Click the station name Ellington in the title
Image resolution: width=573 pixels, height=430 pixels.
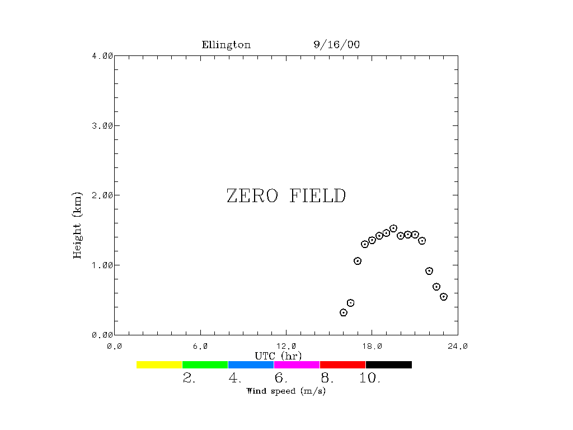point(226,45)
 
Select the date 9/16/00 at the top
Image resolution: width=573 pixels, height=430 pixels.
point(337,45)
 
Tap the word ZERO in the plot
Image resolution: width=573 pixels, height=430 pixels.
point(252,196)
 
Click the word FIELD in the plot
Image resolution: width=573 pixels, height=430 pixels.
point(318,196)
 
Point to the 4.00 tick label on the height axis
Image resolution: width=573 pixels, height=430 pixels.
point(103,56)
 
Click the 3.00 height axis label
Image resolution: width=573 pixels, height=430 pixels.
point(103,125)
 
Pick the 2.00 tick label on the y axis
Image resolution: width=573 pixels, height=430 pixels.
point(103,195)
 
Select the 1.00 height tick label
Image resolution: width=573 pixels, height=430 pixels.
point(103,265)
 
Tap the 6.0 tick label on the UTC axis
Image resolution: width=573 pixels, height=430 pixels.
point(200,346)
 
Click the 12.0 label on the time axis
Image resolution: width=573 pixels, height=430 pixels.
point(286,346)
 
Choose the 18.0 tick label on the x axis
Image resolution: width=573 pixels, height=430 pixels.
point(372,346)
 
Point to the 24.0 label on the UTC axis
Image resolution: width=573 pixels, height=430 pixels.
point(458,346)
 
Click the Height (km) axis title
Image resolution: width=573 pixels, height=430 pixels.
point(78,225)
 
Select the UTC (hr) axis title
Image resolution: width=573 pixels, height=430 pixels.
point(278,356)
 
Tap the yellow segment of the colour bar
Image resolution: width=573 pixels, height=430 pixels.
point(159,364)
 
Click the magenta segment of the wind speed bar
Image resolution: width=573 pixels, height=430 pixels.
point(297,364)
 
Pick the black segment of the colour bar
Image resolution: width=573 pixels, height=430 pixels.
point(388,364)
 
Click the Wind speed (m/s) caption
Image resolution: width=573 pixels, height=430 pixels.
point(286,391)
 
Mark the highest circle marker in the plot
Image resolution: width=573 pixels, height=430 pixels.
point(393,228)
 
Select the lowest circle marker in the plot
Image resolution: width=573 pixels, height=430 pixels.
point(344,312)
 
